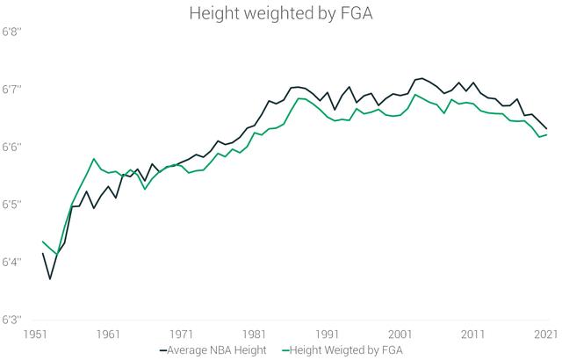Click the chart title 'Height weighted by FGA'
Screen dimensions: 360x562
point(280,15)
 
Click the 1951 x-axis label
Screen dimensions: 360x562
point(36,335)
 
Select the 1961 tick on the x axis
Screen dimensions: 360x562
point(109,335)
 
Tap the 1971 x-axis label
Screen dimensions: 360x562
point(182,335)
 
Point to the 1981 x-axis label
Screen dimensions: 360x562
point(255,335)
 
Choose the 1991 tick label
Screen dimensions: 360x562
point(328,335)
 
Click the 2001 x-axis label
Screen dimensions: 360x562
point(400,335)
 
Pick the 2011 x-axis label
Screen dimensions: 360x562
point(473,335)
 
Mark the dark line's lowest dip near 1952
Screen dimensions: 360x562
point(50,278)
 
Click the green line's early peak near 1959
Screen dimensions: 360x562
point(94,159)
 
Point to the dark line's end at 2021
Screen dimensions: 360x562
point(547,128)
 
